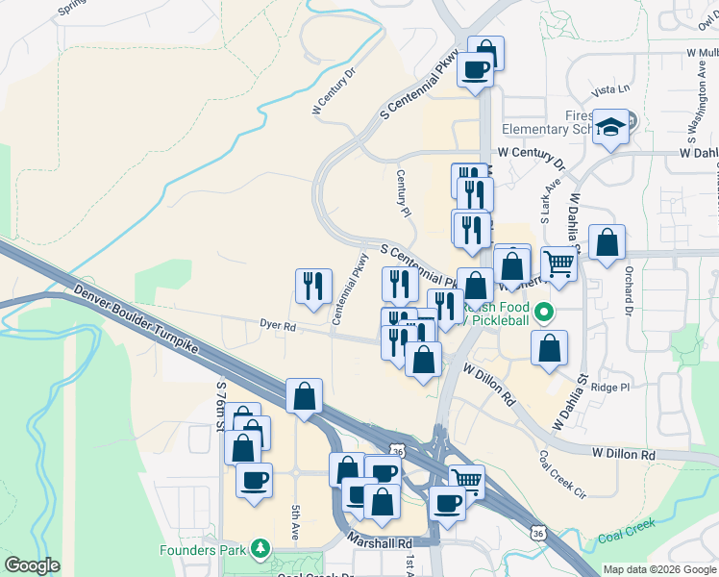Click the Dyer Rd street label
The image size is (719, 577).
click(277, 326)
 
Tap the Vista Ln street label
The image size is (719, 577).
click(611, 89)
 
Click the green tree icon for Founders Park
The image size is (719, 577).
click(260, 549)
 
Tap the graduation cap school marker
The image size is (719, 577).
click(609, 128)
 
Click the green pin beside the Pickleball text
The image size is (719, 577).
click(544, 312)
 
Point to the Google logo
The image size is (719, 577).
click(32, 565)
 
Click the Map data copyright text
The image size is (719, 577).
click(658, 569)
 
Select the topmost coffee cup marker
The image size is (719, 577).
click(476, 69)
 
